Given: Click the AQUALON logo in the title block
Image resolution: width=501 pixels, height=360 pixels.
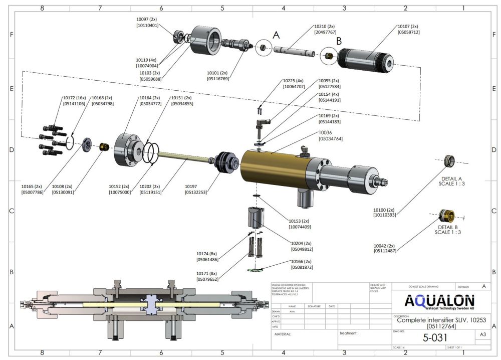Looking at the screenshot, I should coord(439,302).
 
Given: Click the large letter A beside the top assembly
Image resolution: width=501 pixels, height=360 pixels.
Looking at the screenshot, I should coord(276,35).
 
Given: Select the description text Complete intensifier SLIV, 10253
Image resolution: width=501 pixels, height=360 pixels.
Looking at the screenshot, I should coord(433,320).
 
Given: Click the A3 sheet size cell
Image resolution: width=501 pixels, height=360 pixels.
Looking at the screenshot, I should coord(482,334).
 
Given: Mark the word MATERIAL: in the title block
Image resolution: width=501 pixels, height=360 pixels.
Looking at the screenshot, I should coord(283,333).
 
